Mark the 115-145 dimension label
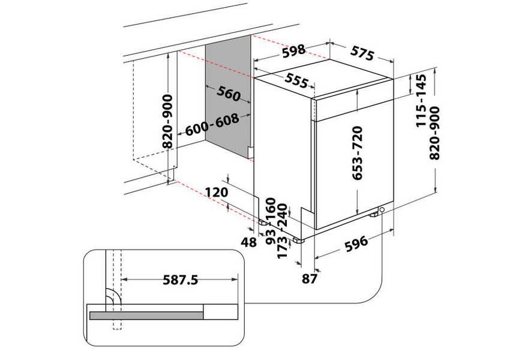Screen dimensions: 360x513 point(422,100)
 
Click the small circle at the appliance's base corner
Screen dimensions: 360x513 point(382,209)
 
